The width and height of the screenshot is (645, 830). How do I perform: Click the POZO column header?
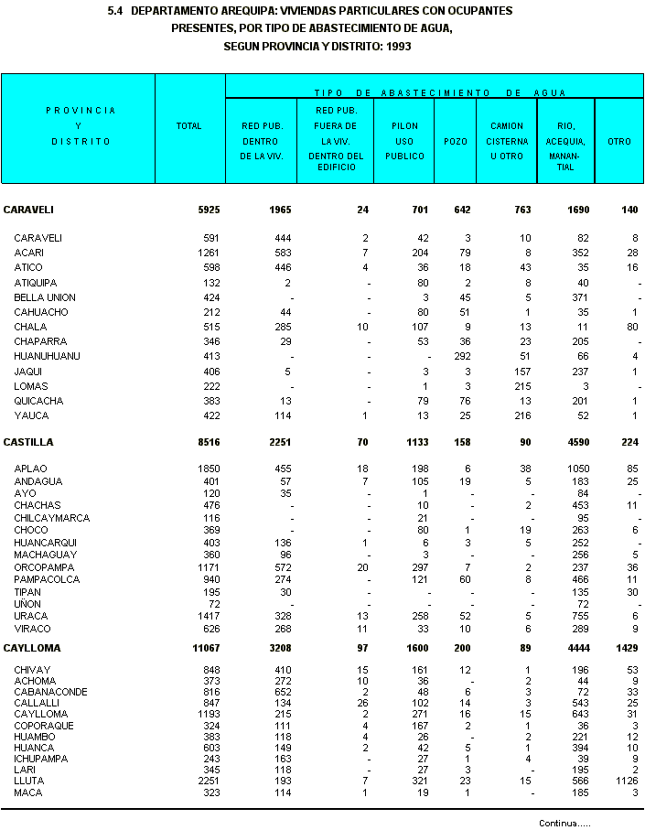click(454, 141)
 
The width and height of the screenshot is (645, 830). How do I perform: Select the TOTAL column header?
click(188, 126)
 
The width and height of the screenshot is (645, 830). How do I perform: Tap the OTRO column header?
click(619, 141)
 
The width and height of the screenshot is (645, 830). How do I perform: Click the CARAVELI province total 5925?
click(209, 210)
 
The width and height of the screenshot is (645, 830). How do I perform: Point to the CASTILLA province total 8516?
click(209, 442)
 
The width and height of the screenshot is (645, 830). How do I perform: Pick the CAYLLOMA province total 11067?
click(206, 648)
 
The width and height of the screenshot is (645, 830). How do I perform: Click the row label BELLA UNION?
click(45, 297)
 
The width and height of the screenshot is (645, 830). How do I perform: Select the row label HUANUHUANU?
click(47, 356)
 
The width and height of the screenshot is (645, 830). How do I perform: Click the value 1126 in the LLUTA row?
click(626, 781)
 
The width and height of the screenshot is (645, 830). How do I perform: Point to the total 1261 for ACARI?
click(210, 253)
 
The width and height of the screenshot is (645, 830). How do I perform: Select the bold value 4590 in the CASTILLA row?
click(575, 442)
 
